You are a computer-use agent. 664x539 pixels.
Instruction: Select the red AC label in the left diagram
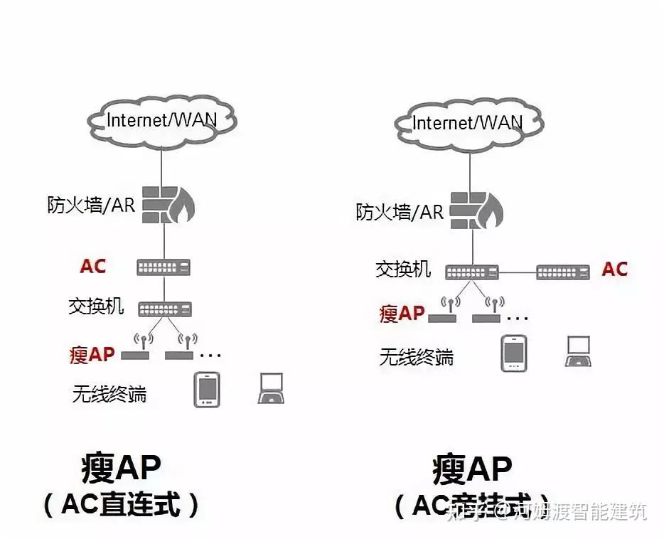93,267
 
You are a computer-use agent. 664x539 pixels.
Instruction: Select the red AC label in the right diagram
614,269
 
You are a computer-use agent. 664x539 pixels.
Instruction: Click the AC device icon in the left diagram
164,267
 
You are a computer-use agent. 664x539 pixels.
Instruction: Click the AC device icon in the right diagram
562,272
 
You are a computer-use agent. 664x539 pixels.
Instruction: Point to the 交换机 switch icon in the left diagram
164,309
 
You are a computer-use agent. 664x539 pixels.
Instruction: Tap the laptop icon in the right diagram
578,351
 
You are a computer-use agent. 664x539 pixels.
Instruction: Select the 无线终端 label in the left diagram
109,393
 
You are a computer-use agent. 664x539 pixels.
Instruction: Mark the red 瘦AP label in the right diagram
402,313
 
